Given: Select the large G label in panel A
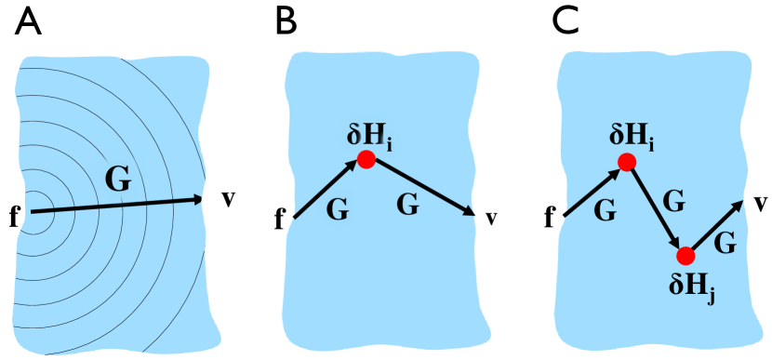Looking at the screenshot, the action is point(116,180).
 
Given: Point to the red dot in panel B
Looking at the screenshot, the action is point(366,161).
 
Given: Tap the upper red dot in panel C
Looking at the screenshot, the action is point(627,162).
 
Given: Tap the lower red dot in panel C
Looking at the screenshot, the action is point(685,255).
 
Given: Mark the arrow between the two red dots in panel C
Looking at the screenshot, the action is point(655,207).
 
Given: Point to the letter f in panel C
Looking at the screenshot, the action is point(550,220).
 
